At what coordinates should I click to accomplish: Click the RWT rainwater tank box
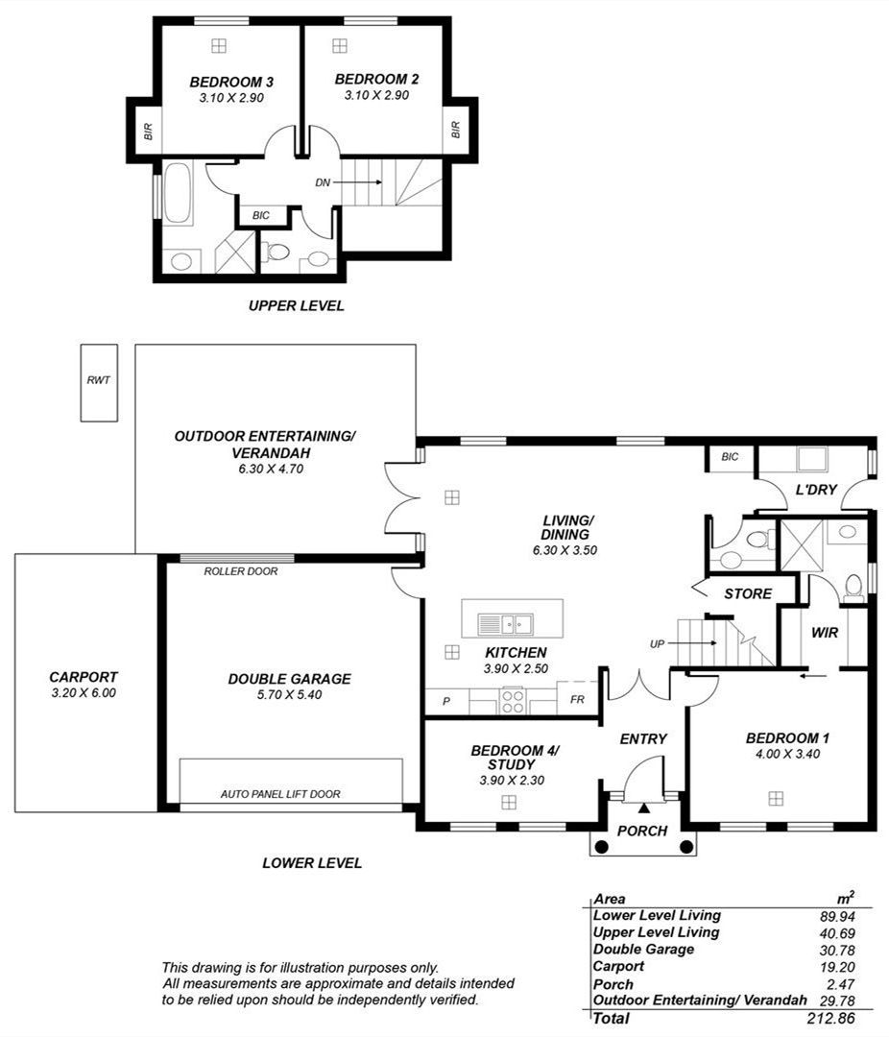tap(99, 382)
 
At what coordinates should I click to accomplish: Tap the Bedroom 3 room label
tap(231, 82)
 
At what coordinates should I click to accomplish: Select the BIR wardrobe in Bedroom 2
tap(455, 129)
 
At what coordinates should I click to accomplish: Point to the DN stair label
tap(323, 182)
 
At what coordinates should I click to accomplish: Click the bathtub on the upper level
tap(178, 192)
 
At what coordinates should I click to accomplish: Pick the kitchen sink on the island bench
tap(506, 624)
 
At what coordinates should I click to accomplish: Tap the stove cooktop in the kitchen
tap(513, 701)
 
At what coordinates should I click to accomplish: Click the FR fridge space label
tap(577, 699)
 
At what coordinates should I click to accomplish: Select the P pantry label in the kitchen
tap(446, 701)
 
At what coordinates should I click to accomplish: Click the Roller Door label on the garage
tap(241, 570)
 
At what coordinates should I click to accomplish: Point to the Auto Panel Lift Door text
tap(280, 794)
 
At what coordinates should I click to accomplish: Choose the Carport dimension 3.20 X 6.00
tap(84, 693)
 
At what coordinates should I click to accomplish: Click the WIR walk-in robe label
tap(824, 633)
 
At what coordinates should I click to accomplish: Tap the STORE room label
tap(748, 594)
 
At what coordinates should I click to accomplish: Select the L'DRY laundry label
tap(816, 490)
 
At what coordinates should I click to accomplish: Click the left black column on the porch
tap(601, 847)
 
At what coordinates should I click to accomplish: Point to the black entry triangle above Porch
tap(644, 808)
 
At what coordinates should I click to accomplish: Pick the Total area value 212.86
tap(831, 1018)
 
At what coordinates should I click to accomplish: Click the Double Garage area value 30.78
tap(837, 951)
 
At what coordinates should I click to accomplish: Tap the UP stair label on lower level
tap(657, 643)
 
